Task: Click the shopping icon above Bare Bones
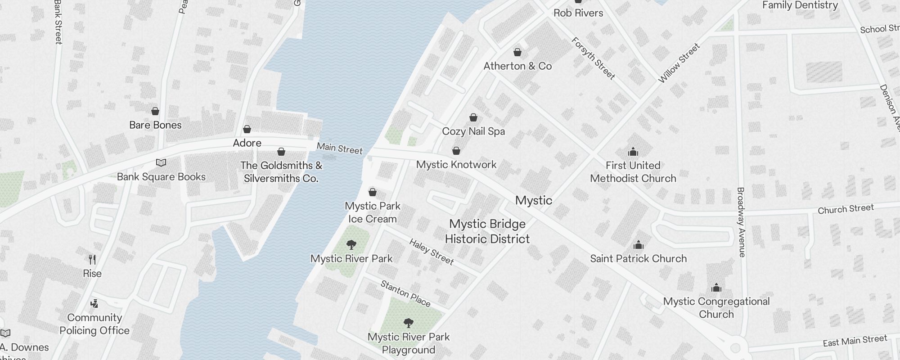pos(155,111)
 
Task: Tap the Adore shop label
pos(247,143)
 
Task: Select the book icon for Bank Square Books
pos(161,163)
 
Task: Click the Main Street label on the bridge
pos(339,148)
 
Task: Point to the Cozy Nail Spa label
pos(473,131)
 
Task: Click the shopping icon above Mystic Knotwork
pos(456,151)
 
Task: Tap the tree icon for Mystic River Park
pos(351,245)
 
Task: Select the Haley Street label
pos(431,252)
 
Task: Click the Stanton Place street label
pos(405,293)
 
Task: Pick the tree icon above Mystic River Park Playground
pos(409,323)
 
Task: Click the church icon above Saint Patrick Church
pos(638,245)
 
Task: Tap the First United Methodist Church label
pos(633,172)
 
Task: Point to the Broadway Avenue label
pos(741,222)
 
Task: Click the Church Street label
pos(846,209)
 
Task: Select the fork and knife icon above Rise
pos(92,260)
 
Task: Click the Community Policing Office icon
pos(94,304)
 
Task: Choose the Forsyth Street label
pos(593,58)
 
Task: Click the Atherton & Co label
pos(517,66)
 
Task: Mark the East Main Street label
pos(855,341)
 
